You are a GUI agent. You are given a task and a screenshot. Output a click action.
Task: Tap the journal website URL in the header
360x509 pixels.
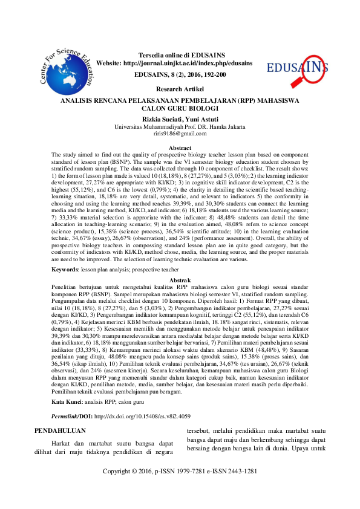[x=192, y=63]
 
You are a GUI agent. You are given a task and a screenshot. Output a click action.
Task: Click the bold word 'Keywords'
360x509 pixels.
[x=64, y=268]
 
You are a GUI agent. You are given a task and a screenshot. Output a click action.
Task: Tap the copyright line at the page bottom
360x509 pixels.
[x=180, y=487]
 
